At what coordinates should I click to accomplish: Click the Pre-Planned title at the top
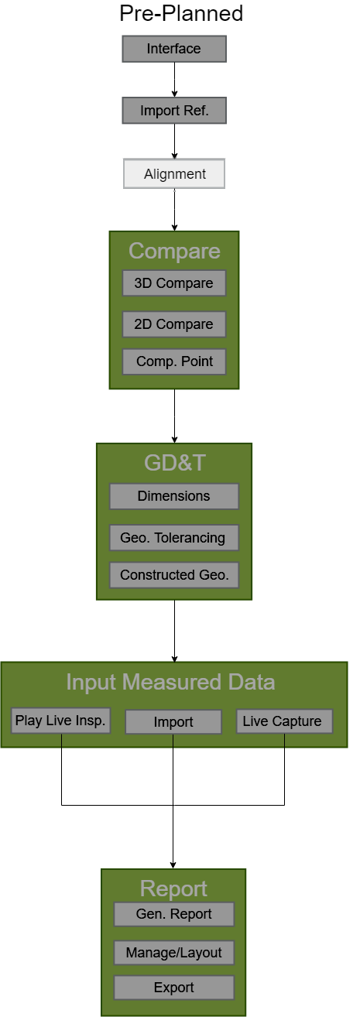coord(181,13)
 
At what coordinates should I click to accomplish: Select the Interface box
coord(174,49)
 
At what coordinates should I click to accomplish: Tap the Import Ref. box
coord(174,111)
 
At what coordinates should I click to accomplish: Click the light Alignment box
coord(174,174)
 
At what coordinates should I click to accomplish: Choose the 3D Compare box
coord(174,283)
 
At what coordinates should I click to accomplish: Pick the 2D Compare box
coord(174,324)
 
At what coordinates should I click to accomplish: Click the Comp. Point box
coord(174,361)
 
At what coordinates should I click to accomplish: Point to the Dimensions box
coord(174,496)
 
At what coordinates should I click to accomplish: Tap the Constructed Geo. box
coord(174,575)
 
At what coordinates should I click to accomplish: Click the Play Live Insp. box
coord(61,721)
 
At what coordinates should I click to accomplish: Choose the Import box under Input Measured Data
coord(173,722)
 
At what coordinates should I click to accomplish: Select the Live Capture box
coord(284,721)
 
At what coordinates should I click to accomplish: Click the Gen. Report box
coord(174,914)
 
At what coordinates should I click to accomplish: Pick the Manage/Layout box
coord(174,953)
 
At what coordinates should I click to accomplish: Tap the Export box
coord(174,988)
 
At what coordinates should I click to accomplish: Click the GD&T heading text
coord(175,463)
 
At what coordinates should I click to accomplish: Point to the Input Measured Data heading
coord(170,682)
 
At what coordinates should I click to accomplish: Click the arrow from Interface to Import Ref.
coord(174,80)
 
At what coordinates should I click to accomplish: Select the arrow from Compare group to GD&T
coord(174,416)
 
